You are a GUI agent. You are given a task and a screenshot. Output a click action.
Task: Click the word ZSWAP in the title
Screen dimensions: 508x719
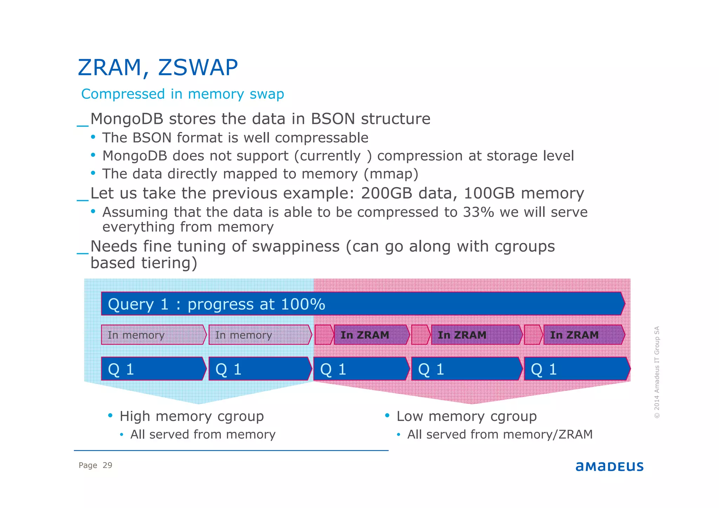click(x=198, y=67)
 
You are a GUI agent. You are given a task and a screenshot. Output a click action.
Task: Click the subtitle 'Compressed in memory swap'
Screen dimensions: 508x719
click(x=183, y=94)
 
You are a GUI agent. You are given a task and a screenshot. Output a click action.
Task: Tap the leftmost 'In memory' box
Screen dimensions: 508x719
click(x=153, y=335)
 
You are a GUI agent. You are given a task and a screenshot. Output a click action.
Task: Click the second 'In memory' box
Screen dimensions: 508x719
click(x=260, y=335)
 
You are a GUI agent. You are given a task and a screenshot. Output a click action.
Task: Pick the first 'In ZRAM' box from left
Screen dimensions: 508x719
click(x=371, y=335)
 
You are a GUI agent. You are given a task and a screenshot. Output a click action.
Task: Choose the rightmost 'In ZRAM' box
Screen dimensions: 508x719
click(x=583, y=335)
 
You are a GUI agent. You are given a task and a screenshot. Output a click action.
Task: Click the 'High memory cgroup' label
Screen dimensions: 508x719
click(x=192, y=416)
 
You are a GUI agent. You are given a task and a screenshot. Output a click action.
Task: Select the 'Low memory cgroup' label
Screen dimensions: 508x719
click(x=467, y=416)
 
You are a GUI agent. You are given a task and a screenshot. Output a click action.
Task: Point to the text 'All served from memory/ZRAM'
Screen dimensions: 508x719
click(x=500, y=435)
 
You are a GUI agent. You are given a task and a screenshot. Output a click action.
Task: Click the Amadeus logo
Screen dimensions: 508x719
click(x=609, y=467)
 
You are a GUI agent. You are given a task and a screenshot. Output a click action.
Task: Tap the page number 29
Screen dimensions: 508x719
click(x=107, y=466)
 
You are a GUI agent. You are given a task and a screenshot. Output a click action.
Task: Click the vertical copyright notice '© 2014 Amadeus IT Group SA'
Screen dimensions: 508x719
click(x=657, y=372)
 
